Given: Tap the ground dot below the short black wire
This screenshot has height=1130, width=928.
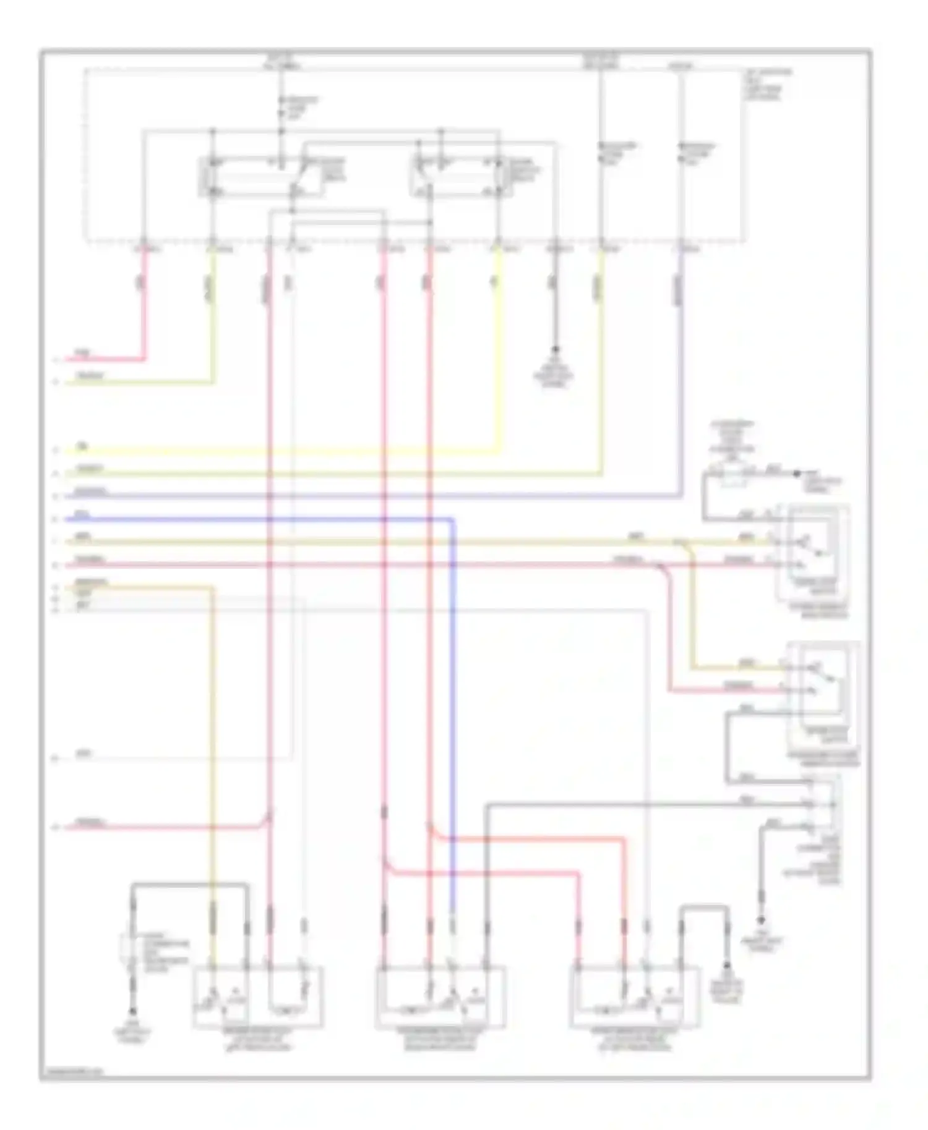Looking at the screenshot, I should click(555, 350).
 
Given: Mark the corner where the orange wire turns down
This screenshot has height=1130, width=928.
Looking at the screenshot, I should click(212, 588).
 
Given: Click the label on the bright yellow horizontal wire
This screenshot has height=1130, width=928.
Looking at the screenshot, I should click(81, 446).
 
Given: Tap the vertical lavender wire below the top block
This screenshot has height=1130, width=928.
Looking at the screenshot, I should click(681, 371).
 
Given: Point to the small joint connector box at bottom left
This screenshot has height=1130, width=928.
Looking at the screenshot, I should click(131, 949).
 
